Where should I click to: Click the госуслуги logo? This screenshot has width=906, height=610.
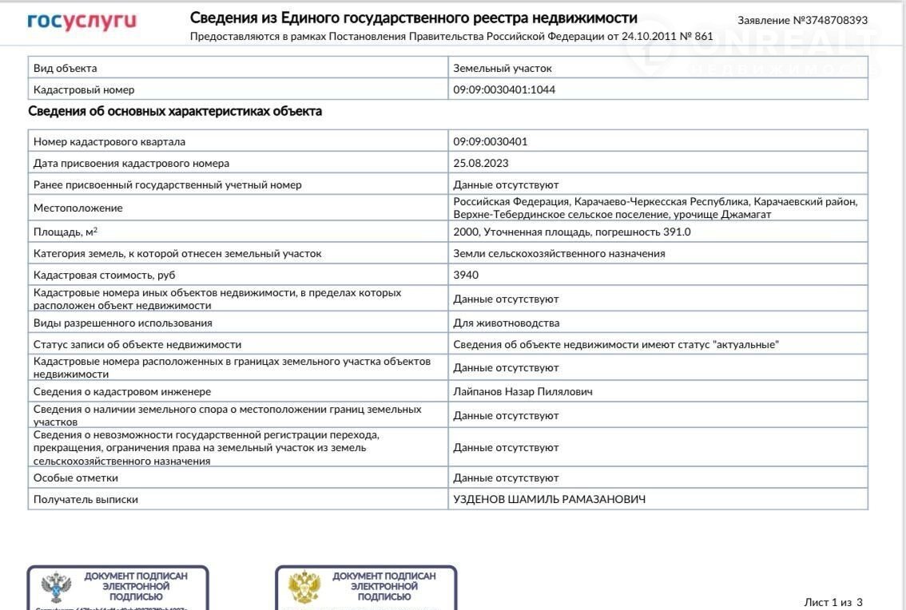click(81, 21)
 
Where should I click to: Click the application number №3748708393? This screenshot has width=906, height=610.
click(802, 20)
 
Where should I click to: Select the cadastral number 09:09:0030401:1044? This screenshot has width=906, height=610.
click(504, 90)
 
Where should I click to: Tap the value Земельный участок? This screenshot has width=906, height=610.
click(503, 69)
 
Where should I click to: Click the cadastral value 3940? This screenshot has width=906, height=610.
click(466, 275)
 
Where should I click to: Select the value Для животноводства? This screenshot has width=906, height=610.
click(507, 323)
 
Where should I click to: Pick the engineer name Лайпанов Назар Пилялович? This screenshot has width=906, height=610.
click(523, 392)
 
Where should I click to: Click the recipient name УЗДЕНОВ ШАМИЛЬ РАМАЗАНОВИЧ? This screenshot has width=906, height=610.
click(549, 500)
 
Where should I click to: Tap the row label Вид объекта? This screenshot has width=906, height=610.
click(66, 69)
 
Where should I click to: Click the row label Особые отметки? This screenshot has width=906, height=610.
click(76, 478)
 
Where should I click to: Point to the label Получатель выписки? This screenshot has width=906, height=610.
click(85, 500)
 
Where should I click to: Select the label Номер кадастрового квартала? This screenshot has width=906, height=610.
click(109, 142)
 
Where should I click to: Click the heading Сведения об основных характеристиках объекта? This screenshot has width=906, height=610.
click(175, 112)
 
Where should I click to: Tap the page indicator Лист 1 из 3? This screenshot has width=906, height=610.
click(832, 602)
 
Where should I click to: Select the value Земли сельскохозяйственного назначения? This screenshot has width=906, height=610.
click(559, 254)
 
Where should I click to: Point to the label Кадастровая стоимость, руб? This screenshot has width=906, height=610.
click(104, 275)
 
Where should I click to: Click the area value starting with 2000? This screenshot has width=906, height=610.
click(571, 232)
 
